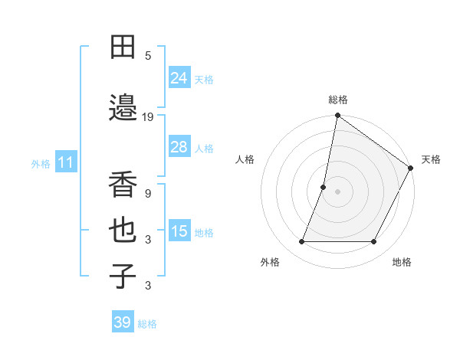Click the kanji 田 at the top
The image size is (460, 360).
(123, 47)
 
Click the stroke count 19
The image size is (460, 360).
(148, 117)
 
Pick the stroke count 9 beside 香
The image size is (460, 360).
(148, 194)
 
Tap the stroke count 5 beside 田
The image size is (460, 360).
(148, 56)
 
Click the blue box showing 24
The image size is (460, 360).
(179, 77)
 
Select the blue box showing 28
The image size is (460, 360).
(179, 146)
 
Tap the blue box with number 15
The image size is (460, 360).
(179, 231)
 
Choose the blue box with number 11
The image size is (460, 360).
(66, 162)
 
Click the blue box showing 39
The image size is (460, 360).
(122, 322)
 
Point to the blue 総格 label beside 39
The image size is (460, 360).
(147, 324)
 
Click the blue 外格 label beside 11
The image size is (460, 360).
(41, 164)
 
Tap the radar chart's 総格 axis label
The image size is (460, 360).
(337, 100)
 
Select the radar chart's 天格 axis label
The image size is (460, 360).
(431, 159)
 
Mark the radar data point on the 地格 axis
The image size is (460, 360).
(373, 242)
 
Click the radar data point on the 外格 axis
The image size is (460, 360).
(301, 242)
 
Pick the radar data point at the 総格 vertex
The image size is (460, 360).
(337, 116)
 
